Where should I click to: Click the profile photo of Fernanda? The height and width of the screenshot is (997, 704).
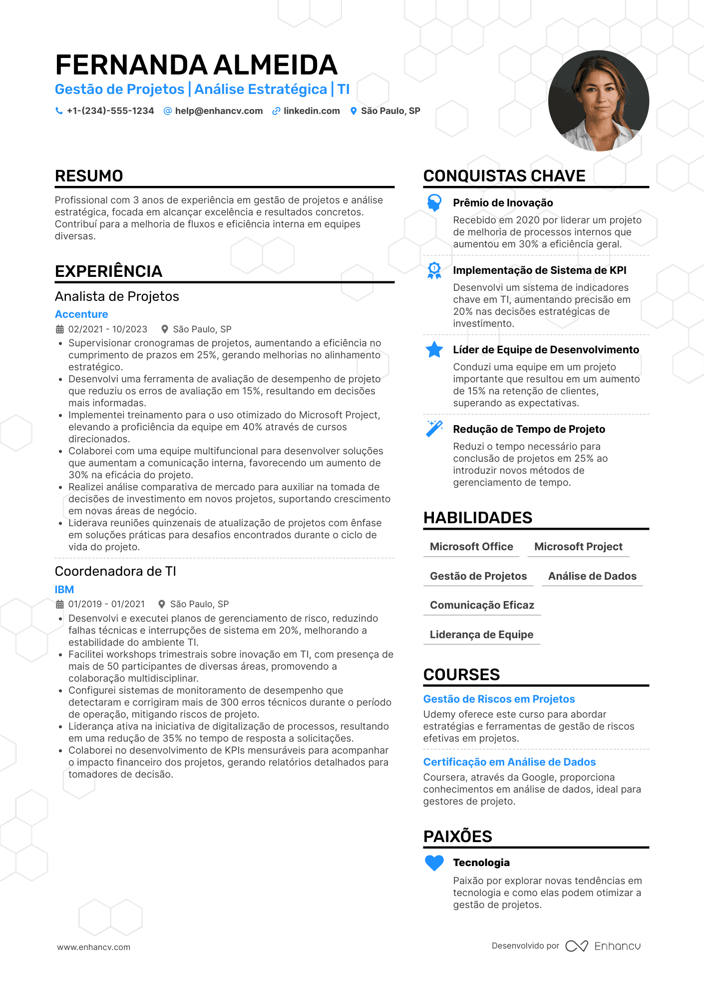pyautogui.click(x=598, y=101)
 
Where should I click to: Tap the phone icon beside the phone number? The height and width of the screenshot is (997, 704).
pyautogui.click(x=59, y=111)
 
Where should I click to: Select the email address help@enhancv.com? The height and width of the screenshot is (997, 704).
pyautogui.click(x=219, y=111)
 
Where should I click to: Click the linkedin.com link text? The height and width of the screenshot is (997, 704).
pyautogui.click(x=312, y=111)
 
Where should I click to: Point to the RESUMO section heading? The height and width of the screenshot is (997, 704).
pyautogui.click(x=89, y=176)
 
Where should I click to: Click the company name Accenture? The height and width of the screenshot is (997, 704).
pyautogui.click(x=81, y=314)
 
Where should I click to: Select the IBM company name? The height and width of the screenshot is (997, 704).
pyautogui.click(x=64, y=590)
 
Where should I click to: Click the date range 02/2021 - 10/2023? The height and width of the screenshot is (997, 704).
pyautogui.click(x=108, y=329)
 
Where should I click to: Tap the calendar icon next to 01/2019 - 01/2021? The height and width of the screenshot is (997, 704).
pyautogui.click(x=60, y=604)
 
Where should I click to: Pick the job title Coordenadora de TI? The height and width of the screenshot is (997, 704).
pyautogui.click(x=115, y=571)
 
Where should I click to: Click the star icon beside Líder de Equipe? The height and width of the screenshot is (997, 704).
pyautogui.click(x=434, y=350)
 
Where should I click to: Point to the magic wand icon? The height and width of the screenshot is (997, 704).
pyautogui.click(x=434, y=429)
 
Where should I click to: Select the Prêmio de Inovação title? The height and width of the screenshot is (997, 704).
pyautogui.click(x=503, y=203)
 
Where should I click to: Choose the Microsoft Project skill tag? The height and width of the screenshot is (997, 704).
pyautogui.click(x=578, y=547)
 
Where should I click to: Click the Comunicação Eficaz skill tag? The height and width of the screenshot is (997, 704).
pyautogui.click(x=482, y=605)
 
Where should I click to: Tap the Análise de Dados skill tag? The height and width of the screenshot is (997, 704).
pyautogui.click(x=592, y=576)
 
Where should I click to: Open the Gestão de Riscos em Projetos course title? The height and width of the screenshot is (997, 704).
pyautogui.click(x=499, y=699)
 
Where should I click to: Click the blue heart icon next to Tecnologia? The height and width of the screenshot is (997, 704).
pyautogui.click(x=434, y=863)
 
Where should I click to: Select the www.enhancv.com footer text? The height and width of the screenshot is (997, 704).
pyautogui.click(x=94, y=947)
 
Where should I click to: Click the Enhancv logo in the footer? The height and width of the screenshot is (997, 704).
pyautogui.click(x=603, y=946)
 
